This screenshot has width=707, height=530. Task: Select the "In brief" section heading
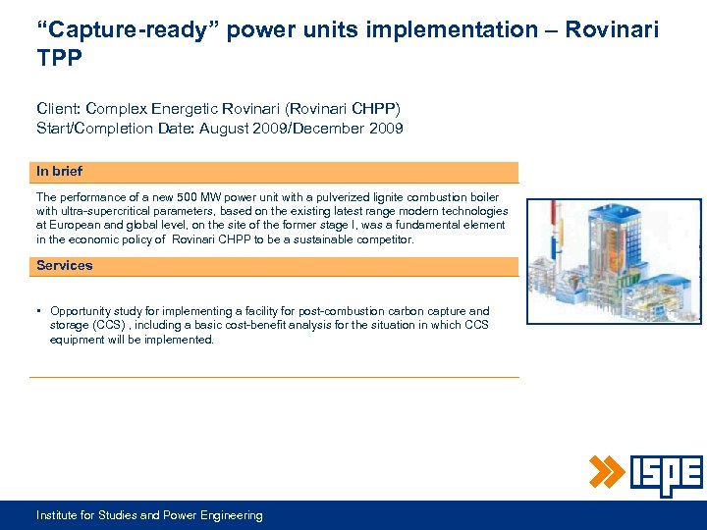point(59,171)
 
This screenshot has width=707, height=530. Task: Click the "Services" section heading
point(64,265)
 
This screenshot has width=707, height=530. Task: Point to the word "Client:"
point(59,110)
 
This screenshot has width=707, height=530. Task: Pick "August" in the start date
point(239,129)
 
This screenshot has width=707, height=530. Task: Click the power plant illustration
point(615,260)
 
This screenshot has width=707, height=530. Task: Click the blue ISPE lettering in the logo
point(665,476)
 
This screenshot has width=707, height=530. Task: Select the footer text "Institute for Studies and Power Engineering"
point(149,515)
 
